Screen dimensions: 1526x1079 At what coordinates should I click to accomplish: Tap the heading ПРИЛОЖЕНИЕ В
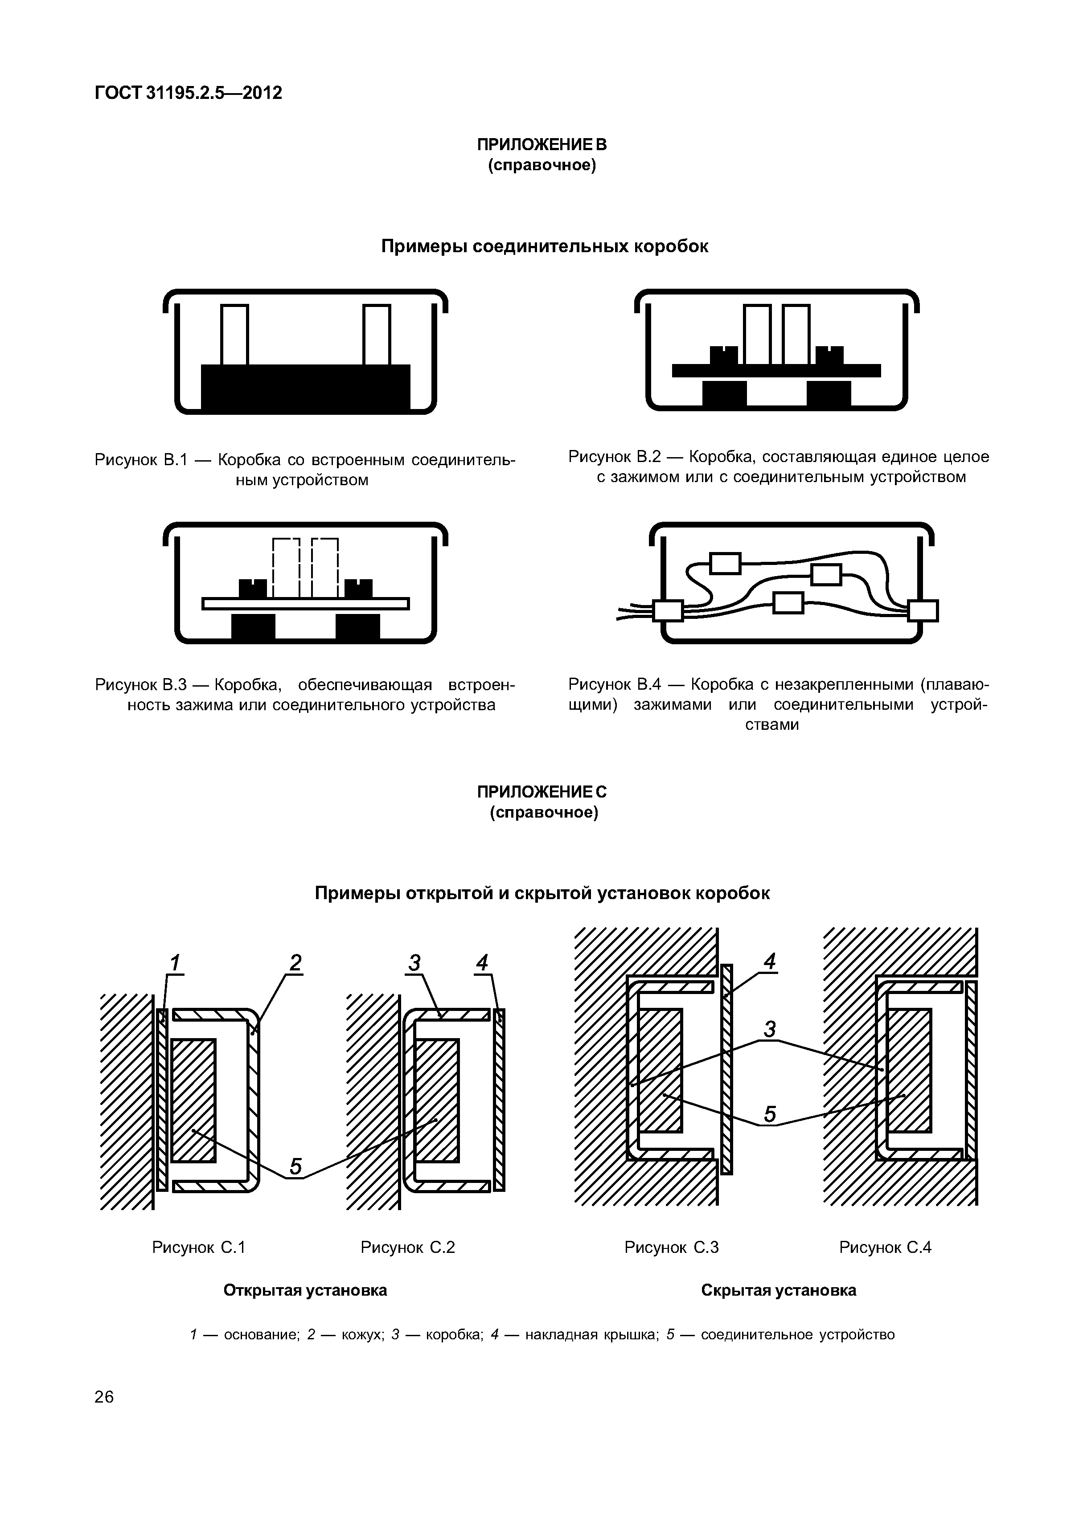pyautogui.click(x=542, y=145)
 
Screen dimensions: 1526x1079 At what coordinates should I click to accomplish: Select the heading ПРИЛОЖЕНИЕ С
pyautogui.click(x=542, y=792)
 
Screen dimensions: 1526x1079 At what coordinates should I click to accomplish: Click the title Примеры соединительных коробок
pyautogui.click(x=545, y=246)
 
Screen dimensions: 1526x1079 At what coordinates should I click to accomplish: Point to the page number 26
pyautogui.click(x=104, y=1397)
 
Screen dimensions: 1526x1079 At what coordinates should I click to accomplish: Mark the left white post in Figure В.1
pyautogui.click(x=234, y=334)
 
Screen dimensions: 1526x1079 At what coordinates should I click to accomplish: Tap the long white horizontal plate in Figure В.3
pyautogui.click(x=305, y=603)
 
